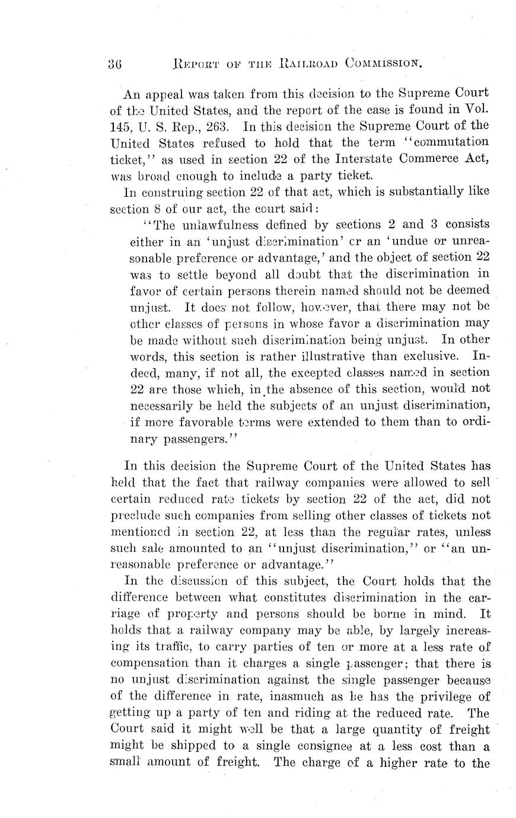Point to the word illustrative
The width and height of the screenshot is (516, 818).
333,356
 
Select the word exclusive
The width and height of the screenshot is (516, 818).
431,356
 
